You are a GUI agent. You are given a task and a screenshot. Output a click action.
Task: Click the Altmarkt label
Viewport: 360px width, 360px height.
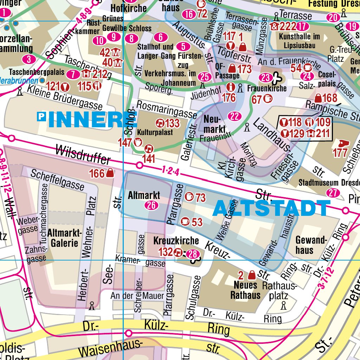(x=144, y=195)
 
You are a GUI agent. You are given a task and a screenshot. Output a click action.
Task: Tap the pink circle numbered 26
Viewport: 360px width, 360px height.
(x=152, y=205)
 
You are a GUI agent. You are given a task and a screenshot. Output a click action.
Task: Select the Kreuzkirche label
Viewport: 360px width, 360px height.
(x=176, y=241)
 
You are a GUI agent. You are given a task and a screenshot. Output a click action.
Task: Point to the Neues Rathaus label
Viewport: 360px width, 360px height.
(x=246, y=290)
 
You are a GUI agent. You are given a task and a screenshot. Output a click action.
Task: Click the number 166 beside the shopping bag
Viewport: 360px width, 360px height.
(x=97, y=173)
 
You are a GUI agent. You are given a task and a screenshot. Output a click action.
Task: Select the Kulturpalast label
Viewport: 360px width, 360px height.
(x=155, y=133)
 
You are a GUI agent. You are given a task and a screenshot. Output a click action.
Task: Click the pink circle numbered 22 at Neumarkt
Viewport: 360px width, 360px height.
(x=234, y=116)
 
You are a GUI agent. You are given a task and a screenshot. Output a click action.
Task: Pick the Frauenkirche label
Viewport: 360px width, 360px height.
(x=267, y=88)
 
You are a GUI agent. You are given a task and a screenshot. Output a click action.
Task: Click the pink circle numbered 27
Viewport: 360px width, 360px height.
(x=333, y=193)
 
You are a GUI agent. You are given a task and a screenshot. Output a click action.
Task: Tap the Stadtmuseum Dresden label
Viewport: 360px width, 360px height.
(x=329, y=183)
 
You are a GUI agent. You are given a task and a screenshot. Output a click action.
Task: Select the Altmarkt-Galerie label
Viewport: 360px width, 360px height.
(x=64, y=238)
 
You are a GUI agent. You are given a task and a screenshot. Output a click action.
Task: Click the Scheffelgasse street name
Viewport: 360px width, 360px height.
(x=57, y=179)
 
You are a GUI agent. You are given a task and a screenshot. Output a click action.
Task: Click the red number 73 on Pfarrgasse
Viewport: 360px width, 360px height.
(x=200, y=198)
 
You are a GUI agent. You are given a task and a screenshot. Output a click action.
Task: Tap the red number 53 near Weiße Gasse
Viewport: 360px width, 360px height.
(x=197, y=222)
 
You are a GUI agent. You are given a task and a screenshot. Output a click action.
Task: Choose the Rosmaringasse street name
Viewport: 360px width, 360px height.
(x=167, y=109)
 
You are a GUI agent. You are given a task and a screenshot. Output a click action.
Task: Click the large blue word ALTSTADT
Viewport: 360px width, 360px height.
(x=271, y=208)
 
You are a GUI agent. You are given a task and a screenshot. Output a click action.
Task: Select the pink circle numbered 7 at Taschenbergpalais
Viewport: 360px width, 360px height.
(x=73, y=74)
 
